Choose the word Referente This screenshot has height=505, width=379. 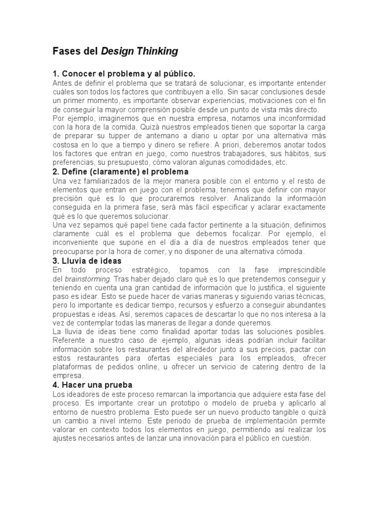(x=69, y=340)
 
